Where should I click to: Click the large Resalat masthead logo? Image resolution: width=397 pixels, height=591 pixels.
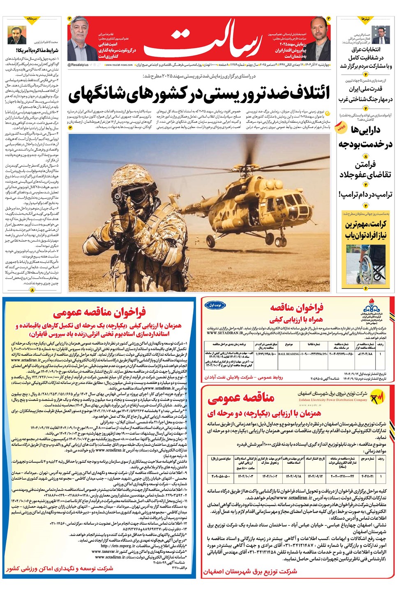[x=201, y=41]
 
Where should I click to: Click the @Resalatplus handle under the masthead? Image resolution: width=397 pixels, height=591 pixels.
[x=78, y=65]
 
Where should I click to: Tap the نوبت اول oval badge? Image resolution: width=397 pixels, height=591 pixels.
[x=215, y=305]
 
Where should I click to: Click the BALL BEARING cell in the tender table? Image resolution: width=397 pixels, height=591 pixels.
[x=289, y=353]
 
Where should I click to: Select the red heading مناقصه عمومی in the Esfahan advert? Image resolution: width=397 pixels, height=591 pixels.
[x=241, y=398]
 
